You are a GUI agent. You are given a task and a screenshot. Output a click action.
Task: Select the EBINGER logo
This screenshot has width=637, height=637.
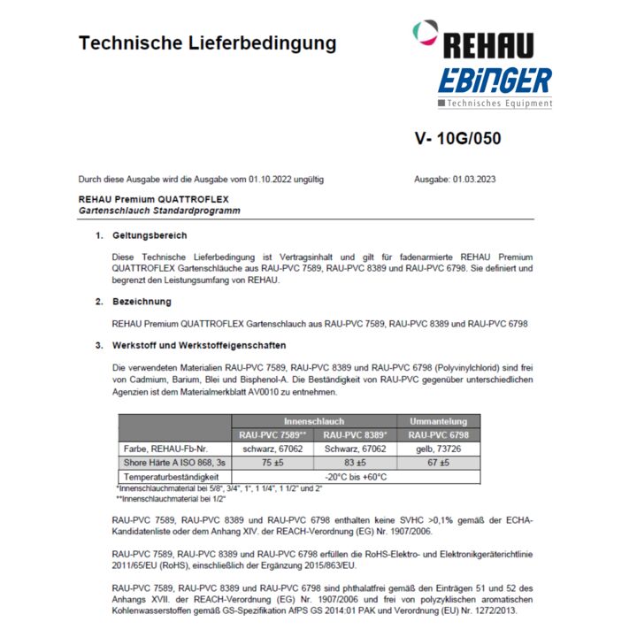tap(494, 81)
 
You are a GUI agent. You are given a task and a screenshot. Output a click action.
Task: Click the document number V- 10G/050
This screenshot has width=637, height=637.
tap(457, 139)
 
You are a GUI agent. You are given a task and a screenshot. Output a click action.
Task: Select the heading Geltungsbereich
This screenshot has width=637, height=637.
tap(150, 235)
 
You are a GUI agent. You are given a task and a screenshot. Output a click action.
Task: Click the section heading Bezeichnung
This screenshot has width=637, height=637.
tap(142, 302)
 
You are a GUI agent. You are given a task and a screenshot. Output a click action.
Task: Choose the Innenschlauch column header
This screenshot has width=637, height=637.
tap(314, 421)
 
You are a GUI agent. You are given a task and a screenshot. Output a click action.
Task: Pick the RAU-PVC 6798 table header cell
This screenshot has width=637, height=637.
tap(433, 435)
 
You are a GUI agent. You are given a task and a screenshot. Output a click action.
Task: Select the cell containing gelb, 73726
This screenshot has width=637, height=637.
tap(433, 449)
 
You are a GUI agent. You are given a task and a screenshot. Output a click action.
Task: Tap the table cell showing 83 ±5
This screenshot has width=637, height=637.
tap(355, 463)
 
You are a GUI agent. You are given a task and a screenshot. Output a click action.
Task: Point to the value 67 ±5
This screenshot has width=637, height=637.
tap(433, 463)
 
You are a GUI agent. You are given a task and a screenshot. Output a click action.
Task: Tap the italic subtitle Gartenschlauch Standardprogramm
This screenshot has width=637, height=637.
tap(159, 211)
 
